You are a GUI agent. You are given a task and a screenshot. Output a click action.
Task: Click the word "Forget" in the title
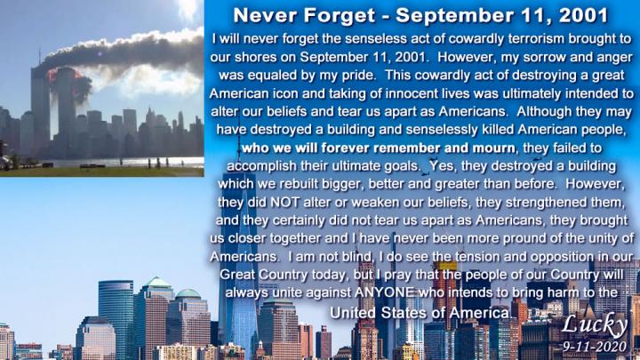pos(340,15)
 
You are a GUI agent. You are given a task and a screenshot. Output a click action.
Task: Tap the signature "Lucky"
pos(595,325)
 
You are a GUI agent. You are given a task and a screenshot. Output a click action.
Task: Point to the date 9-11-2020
pos(595,347)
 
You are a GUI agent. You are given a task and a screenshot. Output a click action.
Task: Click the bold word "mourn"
pos(493,148)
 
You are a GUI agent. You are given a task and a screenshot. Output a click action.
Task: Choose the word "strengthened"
pos(547,203)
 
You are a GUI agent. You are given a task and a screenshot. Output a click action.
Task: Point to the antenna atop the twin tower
pos(40,57)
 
